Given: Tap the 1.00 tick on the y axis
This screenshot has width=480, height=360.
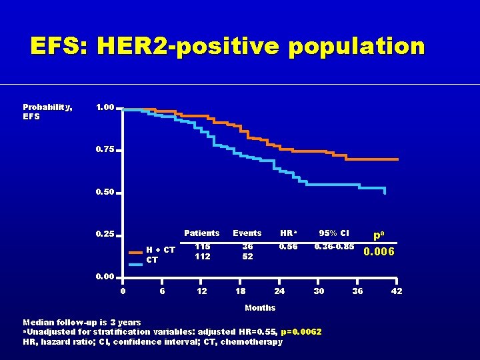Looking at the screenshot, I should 105,107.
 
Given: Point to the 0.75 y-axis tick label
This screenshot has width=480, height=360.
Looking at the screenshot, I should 105,149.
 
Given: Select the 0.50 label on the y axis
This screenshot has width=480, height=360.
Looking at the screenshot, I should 105,192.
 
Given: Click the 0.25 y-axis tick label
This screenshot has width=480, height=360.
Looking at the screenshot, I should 105,234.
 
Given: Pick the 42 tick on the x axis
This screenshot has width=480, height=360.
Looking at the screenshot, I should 396,291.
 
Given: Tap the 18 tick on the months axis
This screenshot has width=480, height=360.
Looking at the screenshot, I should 241,291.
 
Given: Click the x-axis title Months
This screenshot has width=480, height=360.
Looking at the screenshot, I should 260,307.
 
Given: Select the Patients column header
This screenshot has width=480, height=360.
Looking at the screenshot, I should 201,233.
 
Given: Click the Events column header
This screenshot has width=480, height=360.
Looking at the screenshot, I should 247,233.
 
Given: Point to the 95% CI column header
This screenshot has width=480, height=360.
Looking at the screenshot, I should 333,233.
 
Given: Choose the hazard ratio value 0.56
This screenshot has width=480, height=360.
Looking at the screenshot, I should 288,246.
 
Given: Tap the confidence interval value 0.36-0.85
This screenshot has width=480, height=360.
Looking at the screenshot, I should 334,246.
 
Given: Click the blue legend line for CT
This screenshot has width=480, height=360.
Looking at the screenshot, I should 136,264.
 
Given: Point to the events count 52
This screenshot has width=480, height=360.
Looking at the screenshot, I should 247,257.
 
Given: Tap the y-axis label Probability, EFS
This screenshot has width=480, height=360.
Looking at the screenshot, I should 47,111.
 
